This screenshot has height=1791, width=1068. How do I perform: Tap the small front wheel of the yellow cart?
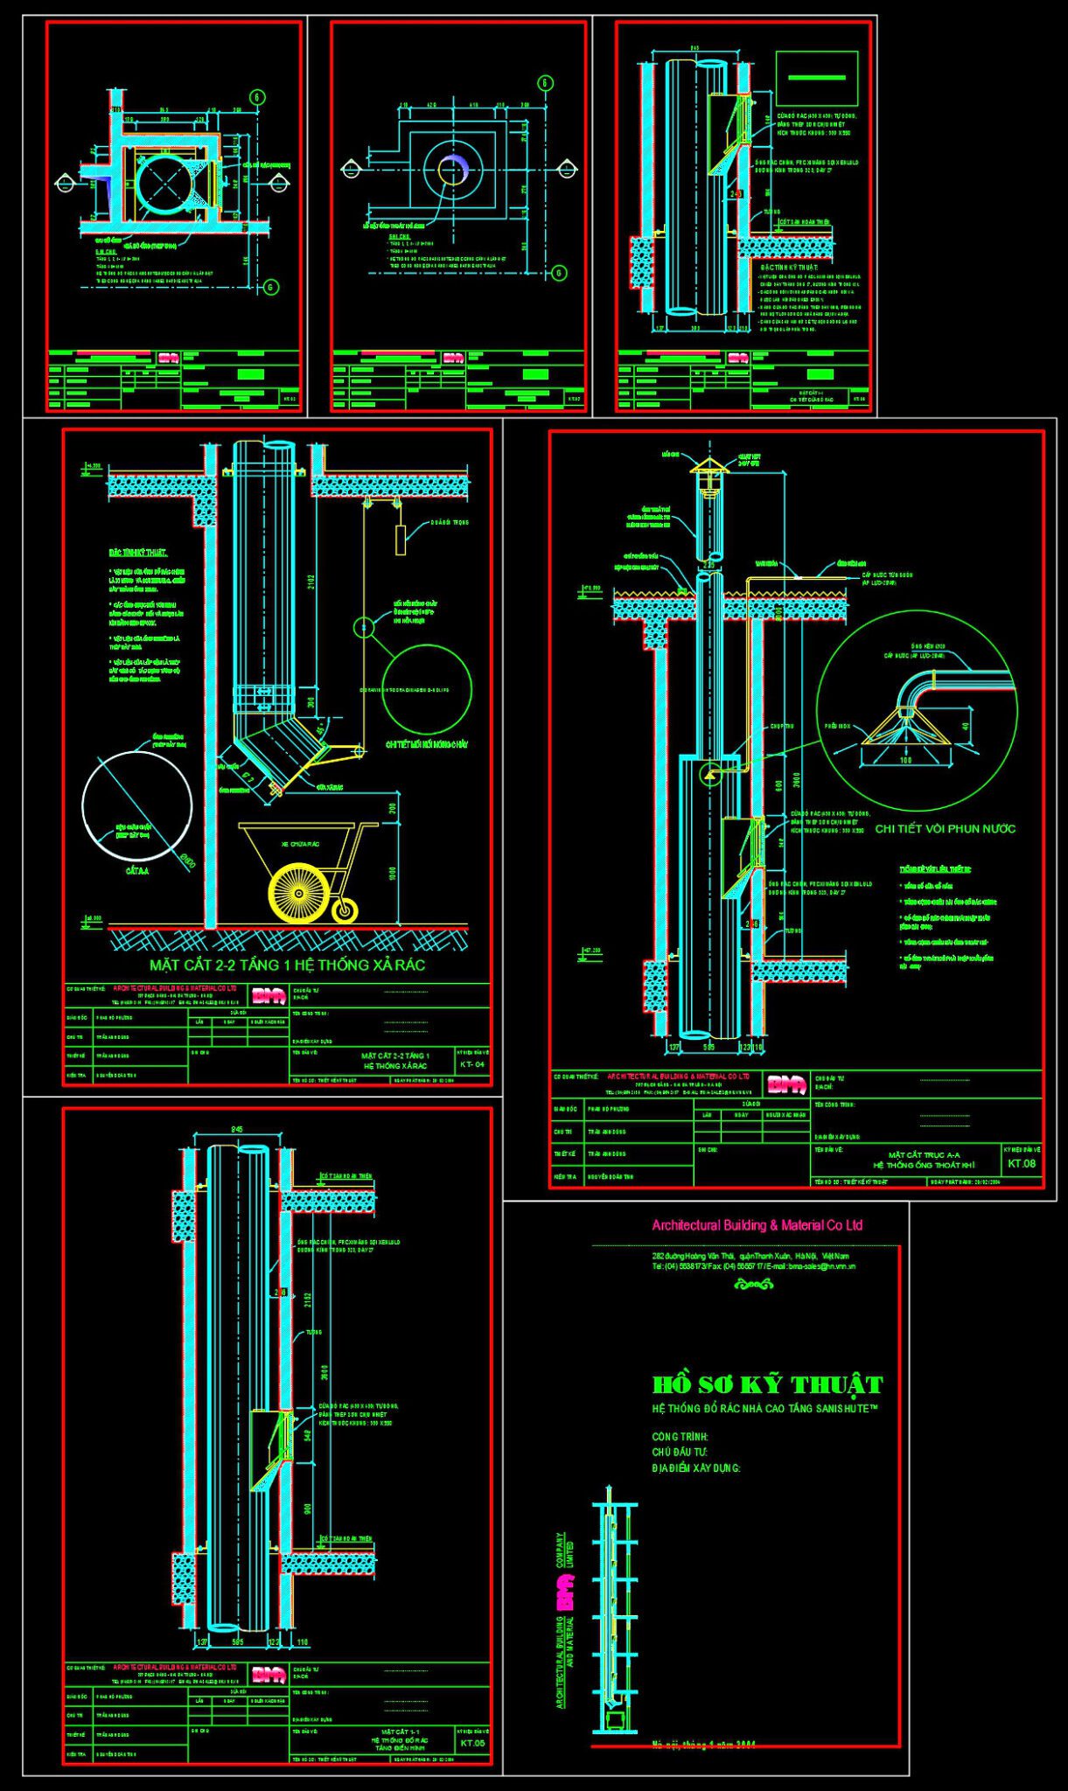click(x=346, y=911)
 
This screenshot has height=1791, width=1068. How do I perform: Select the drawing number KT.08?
click(x=1021, y=1163)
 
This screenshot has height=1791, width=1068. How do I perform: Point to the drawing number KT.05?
click(x=471, y=1743)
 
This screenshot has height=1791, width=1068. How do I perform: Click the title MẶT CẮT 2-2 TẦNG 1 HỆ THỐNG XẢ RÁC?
click(x=287, y=965)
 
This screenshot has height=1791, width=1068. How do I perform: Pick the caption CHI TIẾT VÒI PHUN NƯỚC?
click(x=946, y=828)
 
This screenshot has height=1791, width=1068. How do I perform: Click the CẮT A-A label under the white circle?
click(x=137, y=871)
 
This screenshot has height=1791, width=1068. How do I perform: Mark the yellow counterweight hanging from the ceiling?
click(x=401, y=540)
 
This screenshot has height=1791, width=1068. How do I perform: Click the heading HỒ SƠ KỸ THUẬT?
click(x=767, y=1384)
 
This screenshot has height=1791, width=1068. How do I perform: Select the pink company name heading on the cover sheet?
click(x=757, y=1225)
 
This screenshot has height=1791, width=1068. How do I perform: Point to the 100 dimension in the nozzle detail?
click(x=905, y=760)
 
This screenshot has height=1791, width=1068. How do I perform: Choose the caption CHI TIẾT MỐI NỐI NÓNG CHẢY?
click(x=427, y=745)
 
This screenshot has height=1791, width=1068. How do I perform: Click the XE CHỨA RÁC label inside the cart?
click(x=296, y=844)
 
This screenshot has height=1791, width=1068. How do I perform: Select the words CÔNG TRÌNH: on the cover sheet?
click(x=680, y=1437)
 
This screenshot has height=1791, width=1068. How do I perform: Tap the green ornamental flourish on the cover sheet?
click(x=753, y=1284)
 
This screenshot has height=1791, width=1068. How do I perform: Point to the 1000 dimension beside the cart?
click(x=393, y=873)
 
